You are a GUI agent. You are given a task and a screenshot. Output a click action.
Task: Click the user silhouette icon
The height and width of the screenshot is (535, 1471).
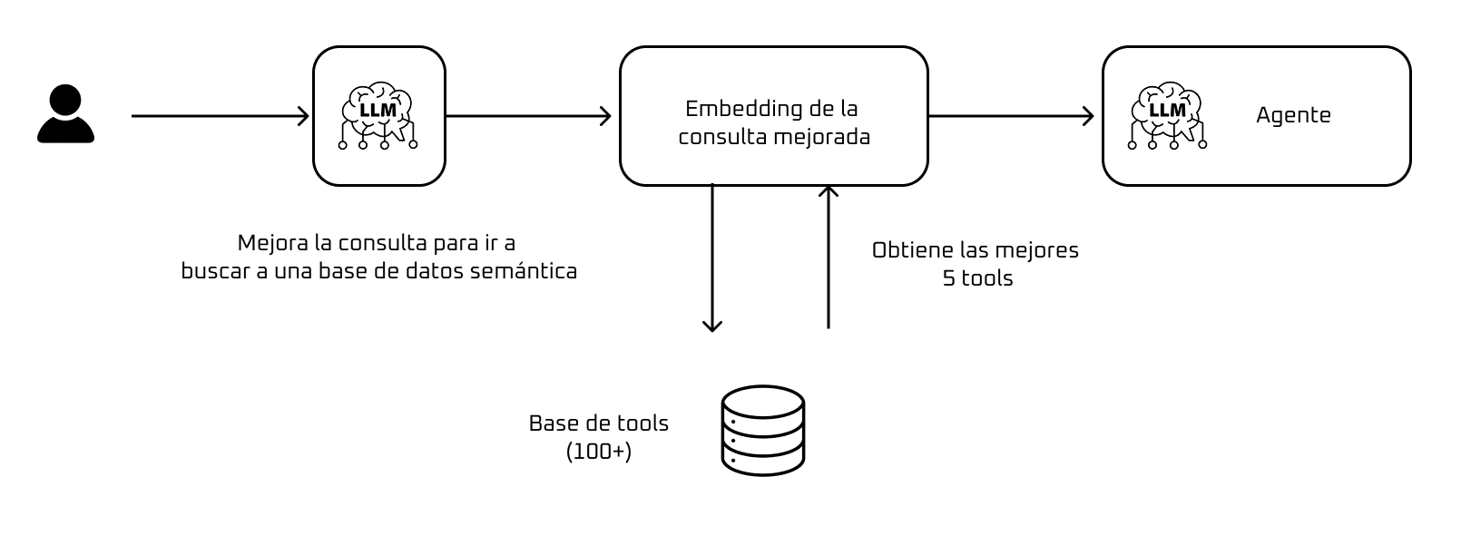[x=65, y=114]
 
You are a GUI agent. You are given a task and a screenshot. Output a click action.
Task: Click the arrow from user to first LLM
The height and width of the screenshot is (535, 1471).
[x=221, y=116]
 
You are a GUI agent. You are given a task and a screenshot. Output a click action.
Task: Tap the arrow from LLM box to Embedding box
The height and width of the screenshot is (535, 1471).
[x=528, y=116]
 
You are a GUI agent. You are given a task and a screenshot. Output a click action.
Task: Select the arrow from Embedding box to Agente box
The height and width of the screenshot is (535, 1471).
[x=1011, y=116]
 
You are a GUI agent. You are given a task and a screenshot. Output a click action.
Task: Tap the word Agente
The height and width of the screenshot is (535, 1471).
[x=1293, y=116]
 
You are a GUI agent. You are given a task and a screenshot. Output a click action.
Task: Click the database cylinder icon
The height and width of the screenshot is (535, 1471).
[x=762, y=431]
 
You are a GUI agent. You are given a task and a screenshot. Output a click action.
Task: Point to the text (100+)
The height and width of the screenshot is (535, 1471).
[x=599, y=452]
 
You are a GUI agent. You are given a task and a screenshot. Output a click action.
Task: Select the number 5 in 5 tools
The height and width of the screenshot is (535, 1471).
[x=949, y=278]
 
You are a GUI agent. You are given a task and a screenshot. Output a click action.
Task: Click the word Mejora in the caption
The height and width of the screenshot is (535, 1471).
[x=269, y=243]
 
